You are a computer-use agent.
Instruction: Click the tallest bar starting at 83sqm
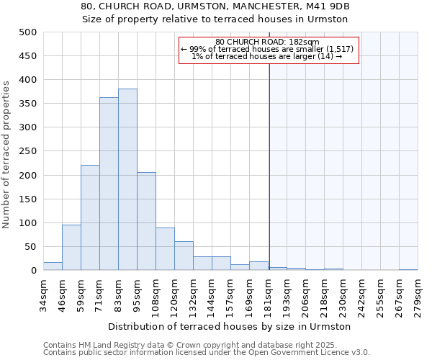[x=127, y=180]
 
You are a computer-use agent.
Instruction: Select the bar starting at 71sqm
[x=109, y=184]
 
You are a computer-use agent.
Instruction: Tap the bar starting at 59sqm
[x=90, y=218]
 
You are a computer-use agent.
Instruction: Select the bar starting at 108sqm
[x=165, y=249]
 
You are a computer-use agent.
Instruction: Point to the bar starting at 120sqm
[x=184, y=256]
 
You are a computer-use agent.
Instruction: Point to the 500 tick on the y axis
[x=27, y=32]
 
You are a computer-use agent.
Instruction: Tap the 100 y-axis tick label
[x=27, y=223]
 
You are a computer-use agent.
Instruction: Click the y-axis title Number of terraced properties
[x=6, y=154]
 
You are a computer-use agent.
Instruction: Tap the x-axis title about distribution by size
[x=230, y=326]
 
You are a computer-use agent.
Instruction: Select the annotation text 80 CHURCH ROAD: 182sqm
[x=267, y=42]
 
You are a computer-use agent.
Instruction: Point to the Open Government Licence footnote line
[x=207, y=353]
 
